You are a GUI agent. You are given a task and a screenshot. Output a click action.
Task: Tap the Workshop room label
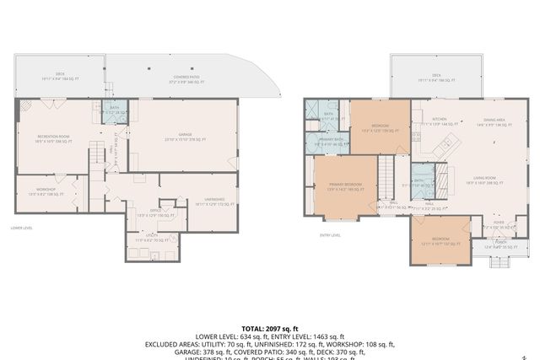click(x=46, y=191)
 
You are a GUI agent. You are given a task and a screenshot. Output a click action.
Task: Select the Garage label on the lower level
click(x=180, y=137)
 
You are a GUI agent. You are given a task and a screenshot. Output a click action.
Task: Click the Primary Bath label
click(x=330, y=142)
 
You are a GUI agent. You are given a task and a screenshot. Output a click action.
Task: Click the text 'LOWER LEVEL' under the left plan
click(x=22, y=228)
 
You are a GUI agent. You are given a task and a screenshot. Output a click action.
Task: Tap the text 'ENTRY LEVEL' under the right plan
click(x=330, y=235)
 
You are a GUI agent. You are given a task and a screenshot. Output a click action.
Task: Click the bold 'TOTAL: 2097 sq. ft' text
click(x=270, y=328)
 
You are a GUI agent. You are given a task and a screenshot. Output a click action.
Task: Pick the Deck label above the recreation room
click(x=60, y=78)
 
